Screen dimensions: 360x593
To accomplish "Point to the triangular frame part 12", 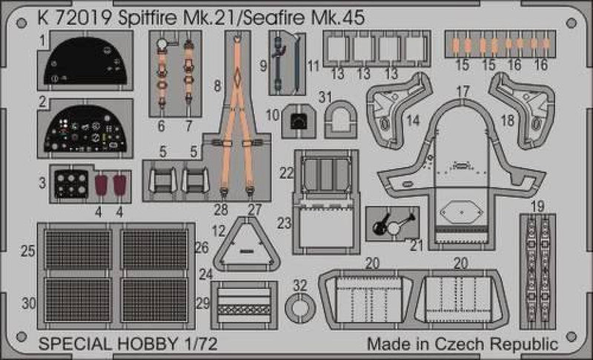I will (x=245, y=244).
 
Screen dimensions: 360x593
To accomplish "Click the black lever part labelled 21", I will (x=391, y=221).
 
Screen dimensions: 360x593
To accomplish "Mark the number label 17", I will (x=463, y=90).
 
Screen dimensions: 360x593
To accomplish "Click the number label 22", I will (x=286, y=173).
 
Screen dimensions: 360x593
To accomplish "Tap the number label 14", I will (x=412, y=121).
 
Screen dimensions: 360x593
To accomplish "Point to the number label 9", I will (x=264, y=66).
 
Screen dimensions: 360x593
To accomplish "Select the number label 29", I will (x=202, y=304).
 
